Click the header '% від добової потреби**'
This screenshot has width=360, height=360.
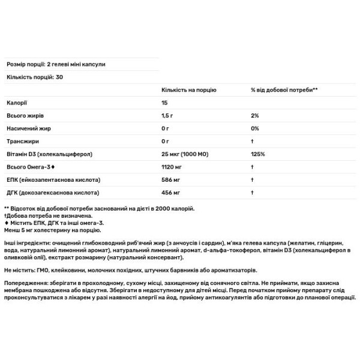point(284,89)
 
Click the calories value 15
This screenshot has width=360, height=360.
point(165,103)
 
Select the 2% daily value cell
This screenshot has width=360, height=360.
point(255,115)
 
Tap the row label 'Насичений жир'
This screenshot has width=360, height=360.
point(28,128)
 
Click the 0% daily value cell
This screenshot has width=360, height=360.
point(255,128)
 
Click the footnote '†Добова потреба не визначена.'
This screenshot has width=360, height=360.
point(48,215)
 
